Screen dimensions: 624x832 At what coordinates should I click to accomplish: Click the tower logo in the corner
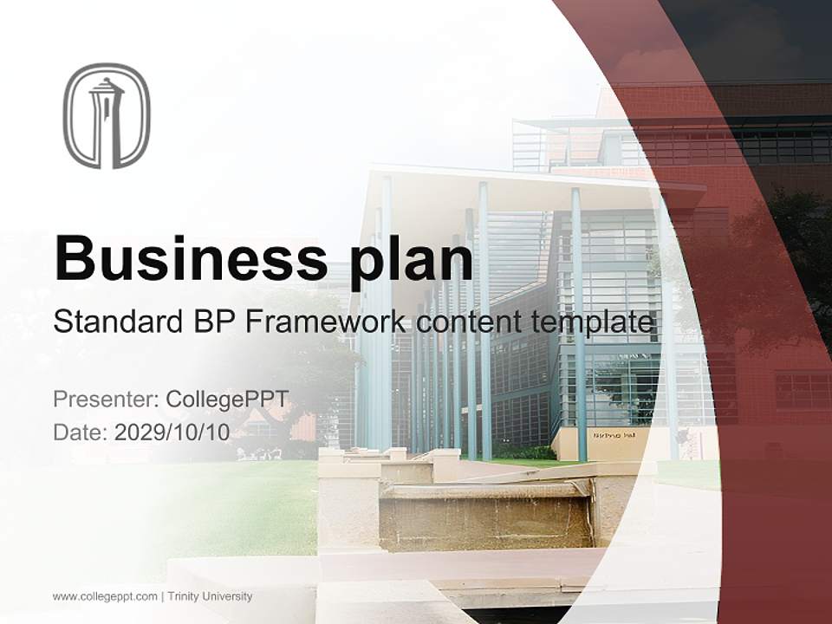[107, 115]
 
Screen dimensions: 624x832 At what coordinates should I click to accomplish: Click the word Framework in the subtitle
[325, 322]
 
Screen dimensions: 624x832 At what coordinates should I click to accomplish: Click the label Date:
[80, 432]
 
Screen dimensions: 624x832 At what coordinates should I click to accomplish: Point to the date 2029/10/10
[172, 432]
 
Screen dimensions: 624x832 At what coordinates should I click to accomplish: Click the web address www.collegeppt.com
[105, 596]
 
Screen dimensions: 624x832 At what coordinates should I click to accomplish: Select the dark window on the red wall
[802, 390]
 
